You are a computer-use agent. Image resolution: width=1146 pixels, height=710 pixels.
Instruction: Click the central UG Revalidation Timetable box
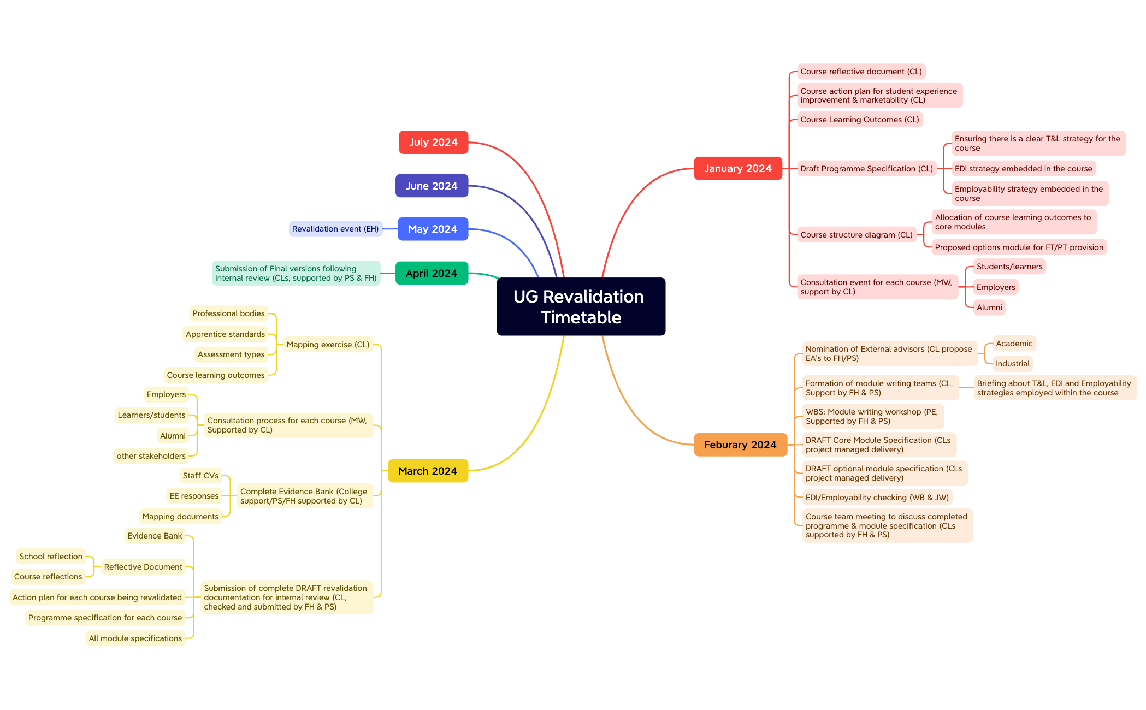(581, 306)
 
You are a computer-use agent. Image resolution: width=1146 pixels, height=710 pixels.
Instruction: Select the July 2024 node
(433, 142)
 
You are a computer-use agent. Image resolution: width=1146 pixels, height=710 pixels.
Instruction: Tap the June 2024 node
(432, 186)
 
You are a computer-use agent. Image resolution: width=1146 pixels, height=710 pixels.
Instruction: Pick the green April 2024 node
(432, 273)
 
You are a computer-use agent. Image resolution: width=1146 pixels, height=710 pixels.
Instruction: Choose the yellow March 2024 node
(428, 471)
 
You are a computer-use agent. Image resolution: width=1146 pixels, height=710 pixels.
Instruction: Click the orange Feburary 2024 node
(740, 445)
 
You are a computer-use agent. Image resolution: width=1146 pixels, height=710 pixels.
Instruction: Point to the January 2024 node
(738, 168)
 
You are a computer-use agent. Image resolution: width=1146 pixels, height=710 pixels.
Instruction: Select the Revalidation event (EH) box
(335, 229)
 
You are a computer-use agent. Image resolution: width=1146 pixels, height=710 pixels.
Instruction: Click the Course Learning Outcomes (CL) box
(860, 120)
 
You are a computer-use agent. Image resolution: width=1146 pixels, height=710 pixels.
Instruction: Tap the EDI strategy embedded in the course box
(1023, 169)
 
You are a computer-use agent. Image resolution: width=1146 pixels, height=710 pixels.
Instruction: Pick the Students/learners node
(1009, 267)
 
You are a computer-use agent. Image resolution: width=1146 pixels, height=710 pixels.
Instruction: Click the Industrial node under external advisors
(1012, 364)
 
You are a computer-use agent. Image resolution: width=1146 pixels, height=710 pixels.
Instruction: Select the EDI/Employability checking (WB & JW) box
(877, 498)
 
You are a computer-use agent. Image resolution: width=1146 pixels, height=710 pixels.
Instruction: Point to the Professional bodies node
(228, 313)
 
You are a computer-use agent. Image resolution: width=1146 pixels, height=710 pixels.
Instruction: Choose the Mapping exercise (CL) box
(328, 345)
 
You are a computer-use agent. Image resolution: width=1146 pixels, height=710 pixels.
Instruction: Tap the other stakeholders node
(151, 456)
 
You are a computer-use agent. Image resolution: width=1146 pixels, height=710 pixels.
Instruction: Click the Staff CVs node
(200, 476)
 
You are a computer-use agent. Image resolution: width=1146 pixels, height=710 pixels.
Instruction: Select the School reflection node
(51, 557)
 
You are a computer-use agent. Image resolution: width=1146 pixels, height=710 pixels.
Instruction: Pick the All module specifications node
(135, 638)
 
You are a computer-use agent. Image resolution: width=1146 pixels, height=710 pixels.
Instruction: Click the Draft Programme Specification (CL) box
(866, 169)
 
